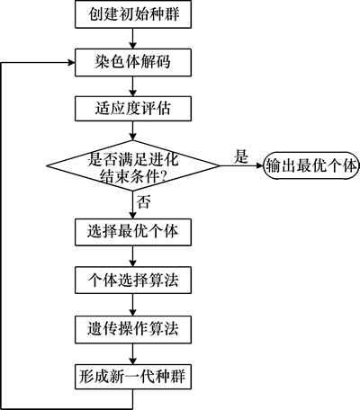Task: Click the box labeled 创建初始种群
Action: tap(133, 14)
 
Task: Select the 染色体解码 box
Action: tap(133, 62)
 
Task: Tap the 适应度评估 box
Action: tap(133, 109)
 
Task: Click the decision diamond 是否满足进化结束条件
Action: tap(133, 165)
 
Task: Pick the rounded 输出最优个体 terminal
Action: tap(311, 165)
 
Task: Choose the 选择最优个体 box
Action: tap(133, 232)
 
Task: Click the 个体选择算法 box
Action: tap(133, 281)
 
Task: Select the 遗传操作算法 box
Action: tap(133, 329)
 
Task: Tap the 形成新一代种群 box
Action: tap(133, 377)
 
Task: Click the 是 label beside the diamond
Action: tap(241, 156)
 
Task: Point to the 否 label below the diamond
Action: tap(143, 201)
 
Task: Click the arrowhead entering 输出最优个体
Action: tap(260, 165)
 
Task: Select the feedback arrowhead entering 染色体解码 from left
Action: tap(71, 62)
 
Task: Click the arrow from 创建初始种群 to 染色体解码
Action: tap(133, 39)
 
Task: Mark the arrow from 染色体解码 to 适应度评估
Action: tap(133, 86)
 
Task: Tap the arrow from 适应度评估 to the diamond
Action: tap(133, 130)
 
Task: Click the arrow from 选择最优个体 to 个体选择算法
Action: tap(133, 256)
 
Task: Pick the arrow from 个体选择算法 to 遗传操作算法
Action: tap(133, 305)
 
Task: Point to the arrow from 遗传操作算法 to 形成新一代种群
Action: tap(133, 353)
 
